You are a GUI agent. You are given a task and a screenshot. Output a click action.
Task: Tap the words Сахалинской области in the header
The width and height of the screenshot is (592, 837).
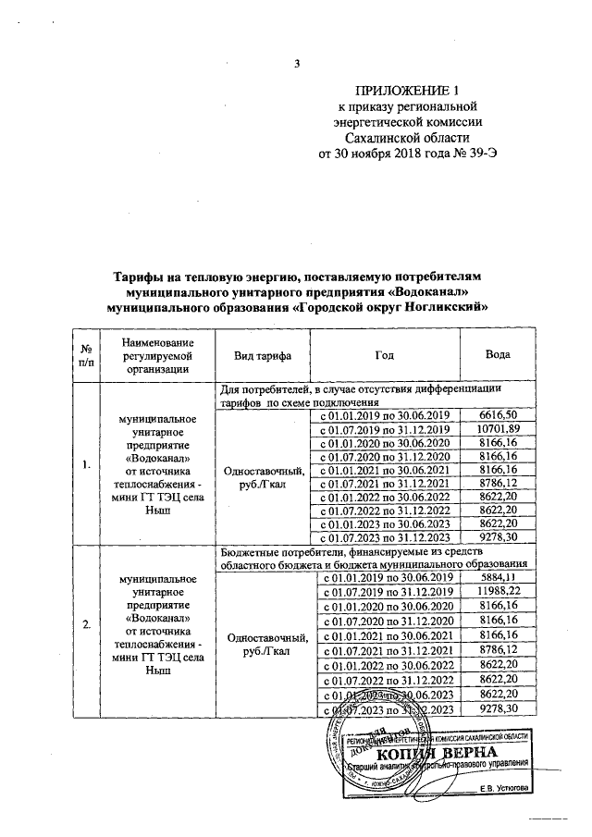coord(408,138)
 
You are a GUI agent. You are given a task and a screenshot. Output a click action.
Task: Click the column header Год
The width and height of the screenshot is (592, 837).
coord(384,356)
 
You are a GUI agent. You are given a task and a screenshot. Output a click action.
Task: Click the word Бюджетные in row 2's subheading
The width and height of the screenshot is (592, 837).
coord(251,551)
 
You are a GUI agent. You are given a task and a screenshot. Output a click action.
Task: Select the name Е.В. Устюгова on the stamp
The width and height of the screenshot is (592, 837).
coord(504,788)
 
